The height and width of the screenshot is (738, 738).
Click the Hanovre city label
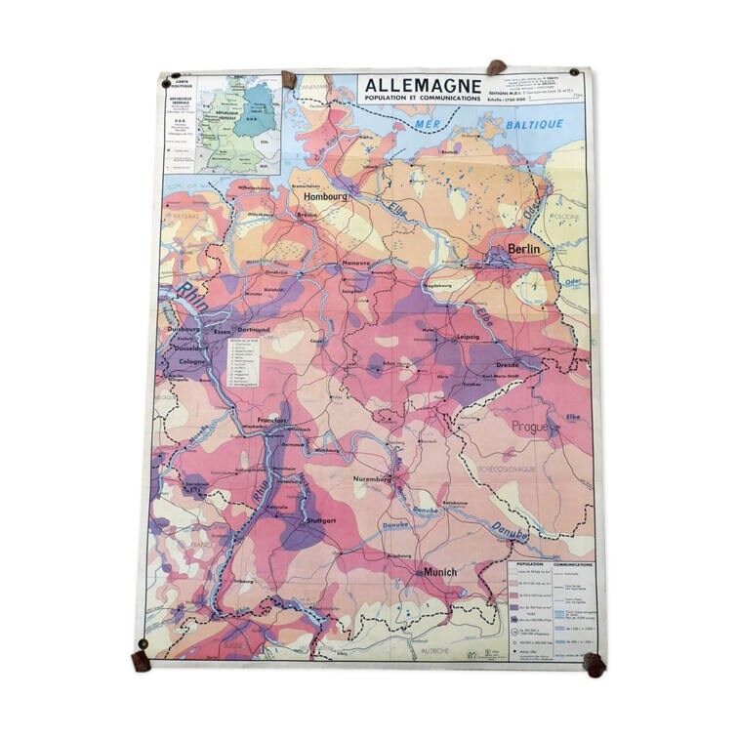click(357, 265)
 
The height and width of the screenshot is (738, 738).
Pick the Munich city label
click(440, 571)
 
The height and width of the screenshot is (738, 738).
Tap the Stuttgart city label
click(327, 521)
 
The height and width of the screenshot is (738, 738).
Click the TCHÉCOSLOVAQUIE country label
click(504, 467)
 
